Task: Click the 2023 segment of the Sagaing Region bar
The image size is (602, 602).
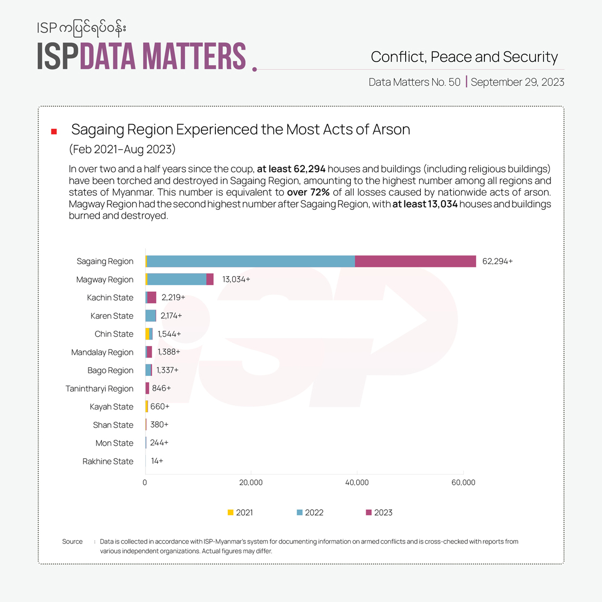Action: (415, 261)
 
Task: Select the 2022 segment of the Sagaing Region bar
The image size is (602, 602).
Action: (251, 261)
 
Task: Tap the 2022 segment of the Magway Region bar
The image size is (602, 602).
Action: (177, 279)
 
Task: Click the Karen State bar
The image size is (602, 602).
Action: (151, 316)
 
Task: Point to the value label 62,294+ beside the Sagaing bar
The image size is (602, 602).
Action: (497, 261)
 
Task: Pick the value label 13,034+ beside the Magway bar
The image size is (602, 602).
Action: (236, 279)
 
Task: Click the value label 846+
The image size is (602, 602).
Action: (162, 388)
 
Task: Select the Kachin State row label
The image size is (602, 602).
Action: (110, 298)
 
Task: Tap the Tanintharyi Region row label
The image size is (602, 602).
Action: (99, 389)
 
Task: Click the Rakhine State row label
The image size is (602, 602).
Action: (108, 462)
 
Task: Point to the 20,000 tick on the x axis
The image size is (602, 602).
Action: (251, 483)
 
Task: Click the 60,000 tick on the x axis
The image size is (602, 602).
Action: (463, 483)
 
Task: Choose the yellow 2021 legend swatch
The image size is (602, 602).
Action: (230, 513)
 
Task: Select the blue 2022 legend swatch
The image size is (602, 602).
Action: (300, 513)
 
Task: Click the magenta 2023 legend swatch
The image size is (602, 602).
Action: (369, 513)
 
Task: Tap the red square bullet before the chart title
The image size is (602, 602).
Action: (54, 131)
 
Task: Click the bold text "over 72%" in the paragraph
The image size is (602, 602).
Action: (308, 193)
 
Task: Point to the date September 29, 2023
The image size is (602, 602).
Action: (517, 82)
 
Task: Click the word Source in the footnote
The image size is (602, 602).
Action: (72, 542)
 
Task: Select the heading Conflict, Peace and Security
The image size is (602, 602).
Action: (464, 57)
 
